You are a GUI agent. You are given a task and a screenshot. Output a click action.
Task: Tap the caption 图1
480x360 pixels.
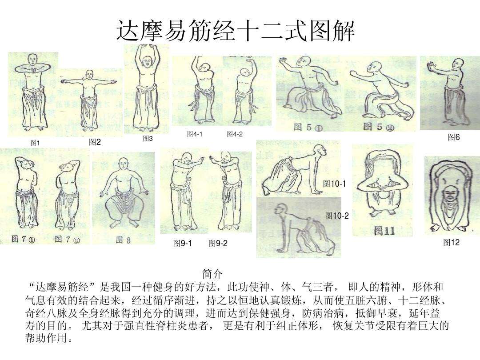35,143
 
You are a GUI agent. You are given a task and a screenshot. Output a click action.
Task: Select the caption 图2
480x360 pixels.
95,142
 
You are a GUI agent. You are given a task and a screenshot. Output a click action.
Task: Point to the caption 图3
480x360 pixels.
148,139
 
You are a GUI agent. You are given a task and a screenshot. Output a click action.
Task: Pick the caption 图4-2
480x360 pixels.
235,134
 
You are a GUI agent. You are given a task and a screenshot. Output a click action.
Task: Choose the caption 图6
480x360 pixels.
453,138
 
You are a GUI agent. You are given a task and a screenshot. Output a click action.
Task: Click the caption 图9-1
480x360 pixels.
182,244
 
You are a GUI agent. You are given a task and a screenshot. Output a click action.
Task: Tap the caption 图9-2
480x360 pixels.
218,244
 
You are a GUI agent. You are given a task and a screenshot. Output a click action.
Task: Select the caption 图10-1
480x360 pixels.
334,184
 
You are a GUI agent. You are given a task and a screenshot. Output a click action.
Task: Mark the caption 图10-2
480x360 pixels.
337,216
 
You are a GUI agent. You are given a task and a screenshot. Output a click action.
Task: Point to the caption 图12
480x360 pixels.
451,242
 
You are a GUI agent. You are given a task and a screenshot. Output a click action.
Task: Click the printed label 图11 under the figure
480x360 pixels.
384,231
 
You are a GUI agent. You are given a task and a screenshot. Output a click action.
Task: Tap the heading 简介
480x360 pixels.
212,273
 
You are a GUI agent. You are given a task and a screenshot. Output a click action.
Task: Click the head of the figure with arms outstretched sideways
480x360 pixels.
90,75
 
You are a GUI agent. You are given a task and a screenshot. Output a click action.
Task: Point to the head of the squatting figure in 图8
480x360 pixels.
123,167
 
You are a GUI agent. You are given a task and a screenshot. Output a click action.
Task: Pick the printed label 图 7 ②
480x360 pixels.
68,240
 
